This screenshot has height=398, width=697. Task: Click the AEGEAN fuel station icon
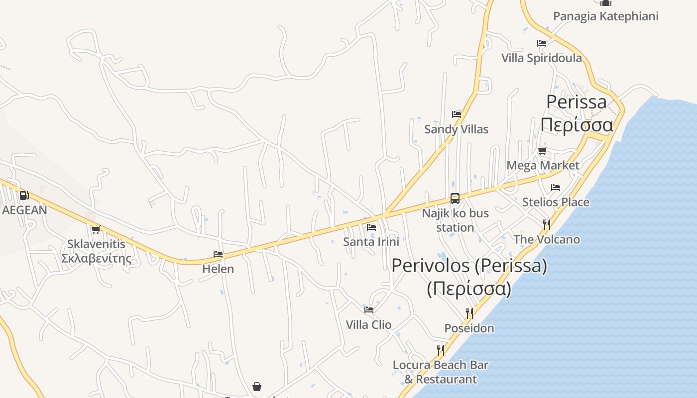[x=24, y=196]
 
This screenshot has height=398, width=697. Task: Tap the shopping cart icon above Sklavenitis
[x=96, y=229]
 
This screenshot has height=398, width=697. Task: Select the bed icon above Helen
[x=218, y=254]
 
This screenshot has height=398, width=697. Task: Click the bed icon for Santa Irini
[x=371, y=227]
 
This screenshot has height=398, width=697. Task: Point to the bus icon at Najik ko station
[x=455, y=199]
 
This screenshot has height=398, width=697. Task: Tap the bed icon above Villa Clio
[x=369, y=309]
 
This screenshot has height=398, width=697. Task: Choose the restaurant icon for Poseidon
[x=469, y=313]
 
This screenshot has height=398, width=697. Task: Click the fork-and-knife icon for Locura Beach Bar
[x=440, y=350]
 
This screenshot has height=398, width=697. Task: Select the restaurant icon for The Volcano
[x=547, y=224]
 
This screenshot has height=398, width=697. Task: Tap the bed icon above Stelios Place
[x=556, y=188]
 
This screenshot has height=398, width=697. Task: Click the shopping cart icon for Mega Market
[x=542, y=151]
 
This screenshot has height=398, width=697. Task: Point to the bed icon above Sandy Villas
[x=456, y=114]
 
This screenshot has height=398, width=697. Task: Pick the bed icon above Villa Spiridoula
[x=542, y=43]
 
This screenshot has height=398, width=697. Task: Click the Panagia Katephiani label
[x=606, y=16]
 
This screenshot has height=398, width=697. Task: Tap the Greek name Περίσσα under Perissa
[x=577, y=124]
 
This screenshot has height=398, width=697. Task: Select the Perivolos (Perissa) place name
[x=469, y=266]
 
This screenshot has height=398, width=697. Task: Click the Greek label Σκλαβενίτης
[x=96, y=258]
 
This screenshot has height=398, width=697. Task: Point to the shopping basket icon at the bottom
[x=257, y=386]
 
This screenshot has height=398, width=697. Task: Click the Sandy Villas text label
[x=456, y=129]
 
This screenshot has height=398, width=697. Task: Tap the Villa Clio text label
[x=369, y=325]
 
